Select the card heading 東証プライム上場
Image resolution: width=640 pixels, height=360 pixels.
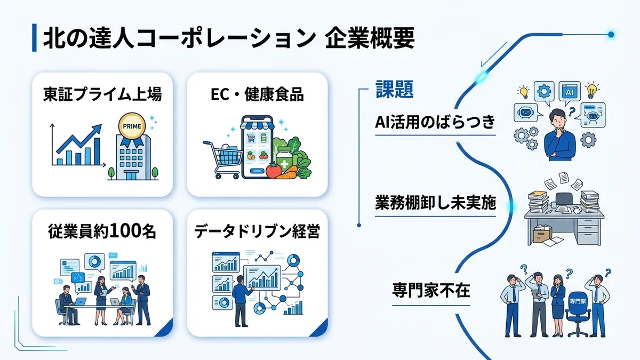[102, 95]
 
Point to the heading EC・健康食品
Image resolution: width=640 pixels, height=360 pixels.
[257, 95]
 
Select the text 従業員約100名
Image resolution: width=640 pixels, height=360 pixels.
[102, 232]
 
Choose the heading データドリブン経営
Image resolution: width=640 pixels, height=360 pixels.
[257, 232]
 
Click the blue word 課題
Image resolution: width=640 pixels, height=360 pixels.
[394, 89]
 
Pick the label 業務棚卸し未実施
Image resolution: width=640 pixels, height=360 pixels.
[435, 203]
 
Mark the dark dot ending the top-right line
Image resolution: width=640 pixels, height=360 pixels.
[611, 35]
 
